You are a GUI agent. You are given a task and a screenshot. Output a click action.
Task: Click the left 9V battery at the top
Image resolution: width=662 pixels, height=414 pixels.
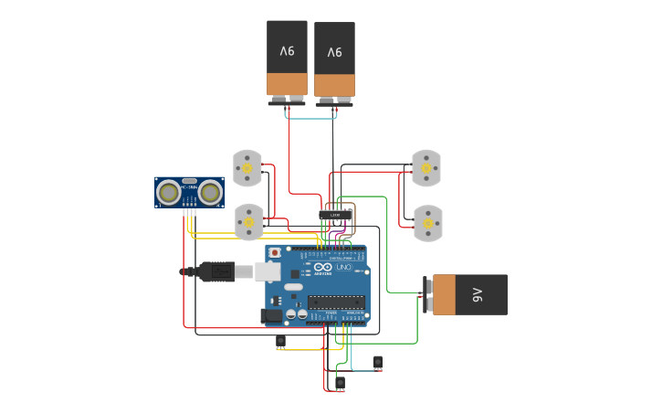[x=287, y=57]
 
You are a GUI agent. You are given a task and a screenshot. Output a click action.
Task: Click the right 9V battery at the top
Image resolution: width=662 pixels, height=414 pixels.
[x=334, y=58]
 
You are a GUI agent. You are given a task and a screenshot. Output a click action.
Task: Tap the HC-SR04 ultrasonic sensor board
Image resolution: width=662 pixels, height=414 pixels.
[x=190, y=192]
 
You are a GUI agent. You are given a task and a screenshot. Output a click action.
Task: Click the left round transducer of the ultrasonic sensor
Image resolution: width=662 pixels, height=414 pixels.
[x=168, y=192]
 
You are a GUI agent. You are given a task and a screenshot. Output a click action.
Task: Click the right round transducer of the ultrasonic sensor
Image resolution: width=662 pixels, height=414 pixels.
[x=211, y=192]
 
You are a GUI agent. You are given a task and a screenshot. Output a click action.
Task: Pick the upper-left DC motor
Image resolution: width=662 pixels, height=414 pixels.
[x=247, y=168]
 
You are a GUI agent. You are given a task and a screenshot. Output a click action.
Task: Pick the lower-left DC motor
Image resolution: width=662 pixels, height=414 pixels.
[x=248, y=222]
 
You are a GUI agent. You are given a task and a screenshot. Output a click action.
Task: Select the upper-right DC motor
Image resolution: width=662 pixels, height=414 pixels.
[x=426, y=167]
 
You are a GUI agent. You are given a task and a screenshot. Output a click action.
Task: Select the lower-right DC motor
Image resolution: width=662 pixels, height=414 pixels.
[x=426, y=222]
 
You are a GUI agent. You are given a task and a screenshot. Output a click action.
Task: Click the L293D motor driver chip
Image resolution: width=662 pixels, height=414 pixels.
[x=336, y=216]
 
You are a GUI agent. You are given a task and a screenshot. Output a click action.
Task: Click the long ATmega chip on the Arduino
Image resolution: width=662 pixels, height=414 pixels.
[x=336, y=302]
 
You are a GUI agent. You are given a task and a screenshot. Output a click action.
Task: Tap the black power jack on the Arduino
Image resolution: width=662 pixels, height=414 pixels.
[x=271, y=316]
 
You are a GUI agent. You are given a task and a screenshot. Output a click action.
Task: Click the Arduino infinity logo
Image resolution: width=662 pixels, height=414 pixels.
[x=322, y=267]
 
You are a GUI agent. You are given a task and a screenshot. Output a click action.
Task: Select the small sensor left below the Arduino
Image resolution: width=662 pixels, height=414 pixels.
[x=280, y=342]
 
